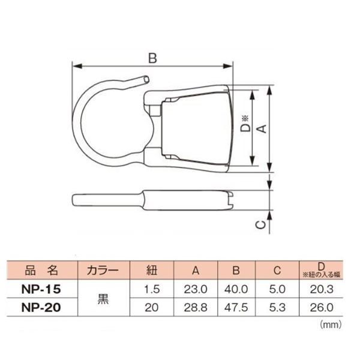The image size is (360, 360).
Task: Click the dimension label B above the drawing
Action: tap(152, 58)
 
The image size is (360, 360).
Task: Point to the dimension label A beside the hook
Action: tap(261, 129)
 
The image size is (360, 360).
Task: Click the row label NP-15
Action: tap(41, 288)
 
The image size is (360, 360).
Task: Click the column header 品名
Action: tap(41, 269)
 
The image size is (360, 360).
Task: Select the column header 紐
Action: tap(152, 269)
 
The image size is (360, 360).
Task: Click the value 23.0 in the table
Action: tap(196, 289)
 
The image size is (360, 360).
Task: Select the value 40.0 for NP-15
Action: tap(237, 289)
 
